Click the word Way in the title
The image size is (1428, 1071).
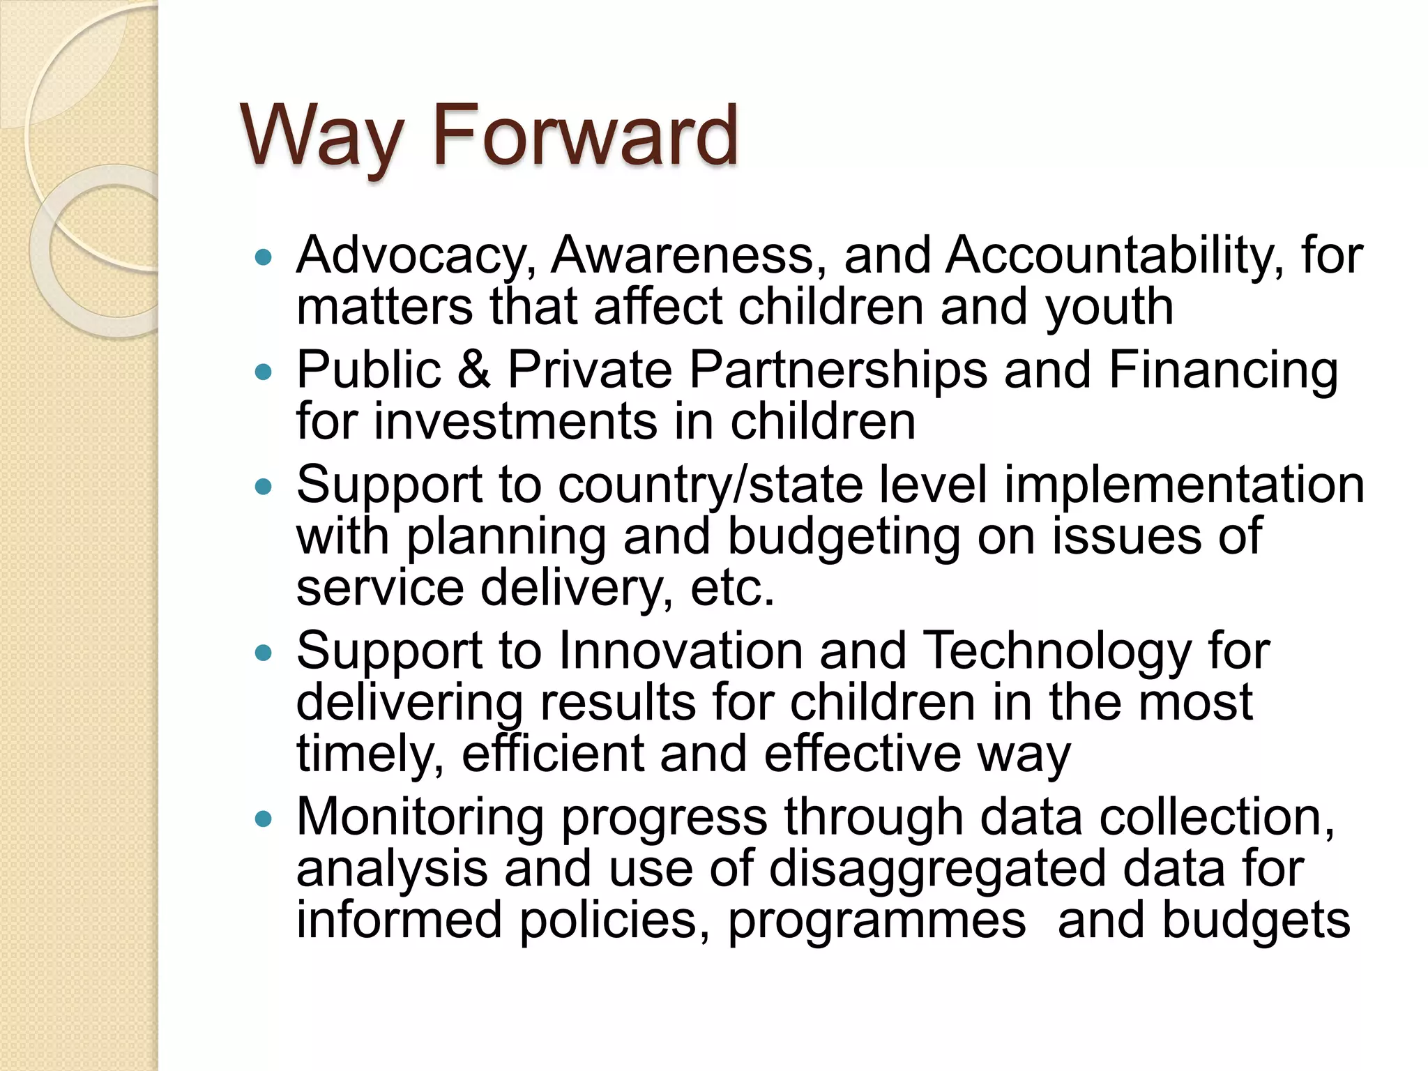coord(321,137)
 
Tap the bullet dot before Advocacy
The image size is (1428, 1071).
coord(263,258)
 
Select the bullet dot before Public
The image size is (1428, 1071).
coord(263,372)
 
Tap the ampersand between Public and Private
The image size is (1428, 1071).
coord(473,370)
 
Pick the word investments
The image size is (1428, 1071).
coord(515,422)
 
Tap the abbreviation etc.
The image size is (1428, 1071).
coord(732,588)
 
